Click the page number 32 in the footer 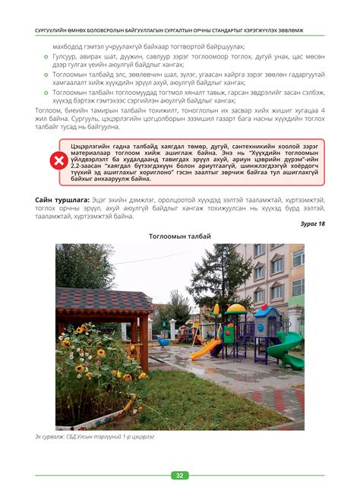pyautogui.click(x=180, y=476)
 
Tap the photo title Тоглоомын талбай pyautogui.click(x=180, y=236)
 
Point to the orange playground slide pyautogui.click(x=204, y=349)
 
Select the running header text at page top pyautogui.click(x=180, y=30)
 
